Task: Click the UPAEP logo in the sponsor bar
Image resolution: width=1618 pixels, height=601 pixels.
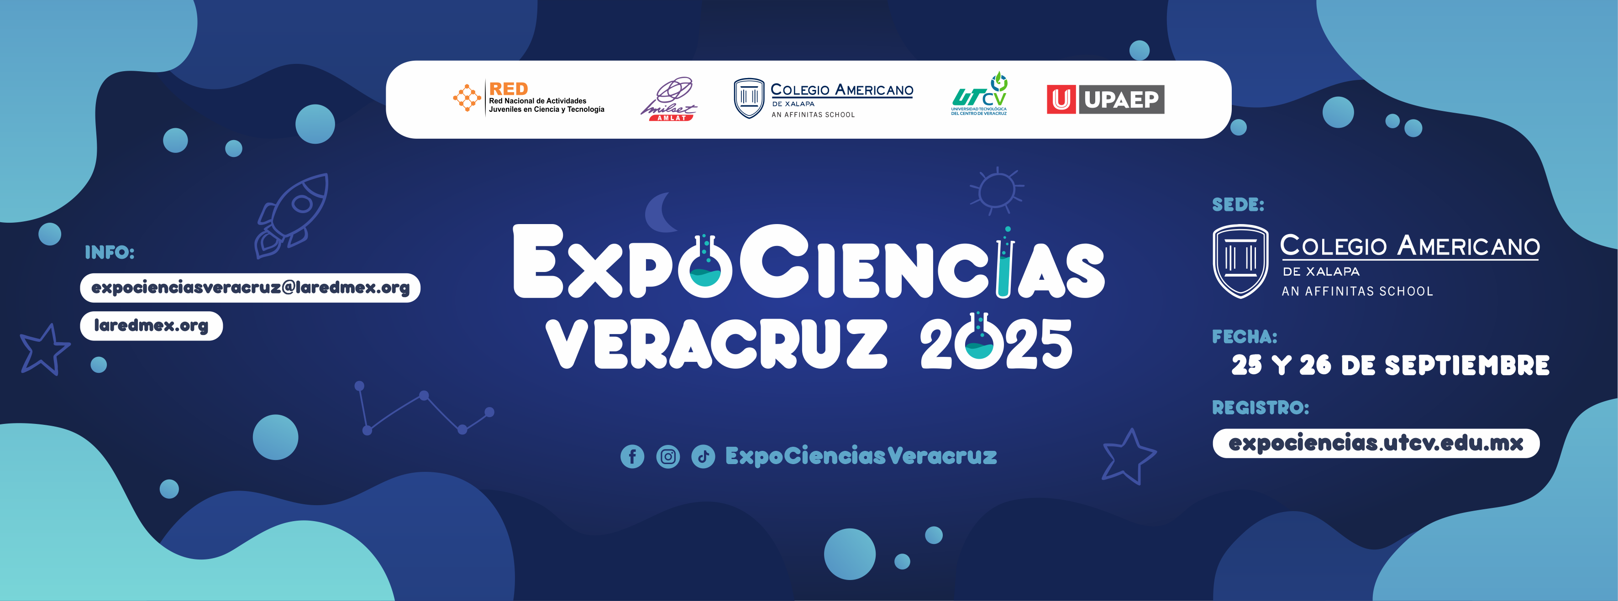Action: tap(1105, 99)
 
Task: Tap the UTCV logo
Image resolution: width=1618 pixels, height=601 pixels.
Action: tap(979, 94)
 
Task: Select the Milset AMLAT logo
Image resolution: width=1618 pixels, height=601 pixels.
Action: tap(669, 99)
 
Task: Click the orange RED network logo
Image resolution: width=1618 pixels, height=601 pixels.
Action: tap(528, 99)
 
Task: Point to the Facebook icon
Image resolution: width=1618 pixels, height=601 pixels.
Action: tap(632, 456)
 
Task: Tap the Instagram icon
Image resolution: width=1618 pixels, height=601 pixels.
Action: tap(667, 456)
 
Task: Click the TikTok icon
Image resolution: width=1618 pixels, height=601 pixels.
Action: tap(703, 456)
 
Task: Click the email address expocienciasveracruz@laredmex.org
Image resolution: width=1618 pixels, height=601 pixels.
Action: tap(250, 287)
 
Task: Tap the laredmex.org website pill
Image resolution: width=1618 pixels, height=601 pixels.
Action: tap(152, 326)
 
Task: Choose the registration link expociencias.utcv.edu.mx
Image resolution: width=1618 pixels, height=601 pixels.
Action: tap(1376, 444)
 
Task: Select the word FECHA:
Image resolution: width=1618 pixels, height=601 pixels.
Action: tap(1244, 337)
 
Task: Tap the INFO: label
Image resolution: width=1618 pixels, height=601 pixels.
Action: tap(110, 252)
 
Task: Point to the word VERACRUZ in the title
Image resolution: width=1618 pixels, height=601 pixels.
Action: tap(716, 344)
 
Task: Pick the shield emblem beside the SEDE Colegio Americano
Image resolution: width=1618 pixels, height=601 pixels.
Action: tap(1240, 261)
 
